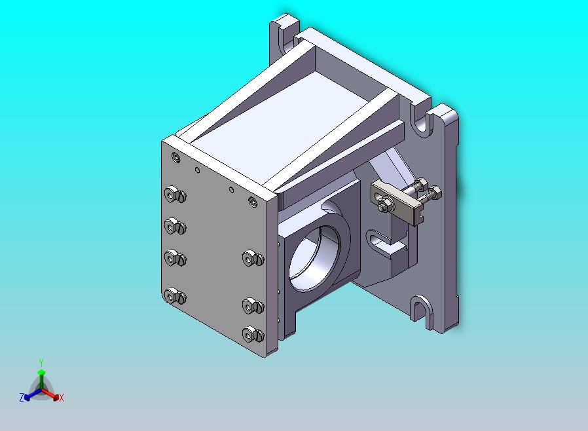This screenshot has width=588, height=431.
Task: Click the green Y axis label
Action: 41,362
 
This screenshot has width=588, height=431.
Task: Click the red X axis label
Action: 61,398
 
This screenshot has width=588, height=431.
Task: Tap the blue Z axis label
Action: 22,397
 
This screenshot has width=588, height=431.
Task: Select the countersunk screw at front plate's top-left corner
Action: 175,157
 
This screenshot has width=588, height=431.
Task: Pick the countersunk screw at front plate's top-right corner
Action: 253,201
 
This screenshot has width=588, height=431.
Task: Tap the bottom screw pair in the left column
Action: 175,296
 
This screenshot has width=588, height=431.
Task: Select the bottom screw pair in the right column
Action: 252,335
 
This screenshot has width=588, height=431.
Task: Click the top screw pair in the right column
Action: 252,258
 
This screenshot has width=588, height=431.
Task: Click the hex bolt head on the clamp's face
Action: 383,207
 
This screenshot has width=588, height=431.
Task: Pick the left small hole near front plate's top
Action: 198,169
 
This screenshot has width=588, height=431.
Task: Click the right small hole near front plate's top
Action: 230,189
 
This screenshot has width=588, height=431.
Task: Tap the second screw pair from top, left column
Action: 175,227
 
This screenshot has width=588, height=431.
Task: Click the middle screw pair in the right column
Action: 252,305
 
